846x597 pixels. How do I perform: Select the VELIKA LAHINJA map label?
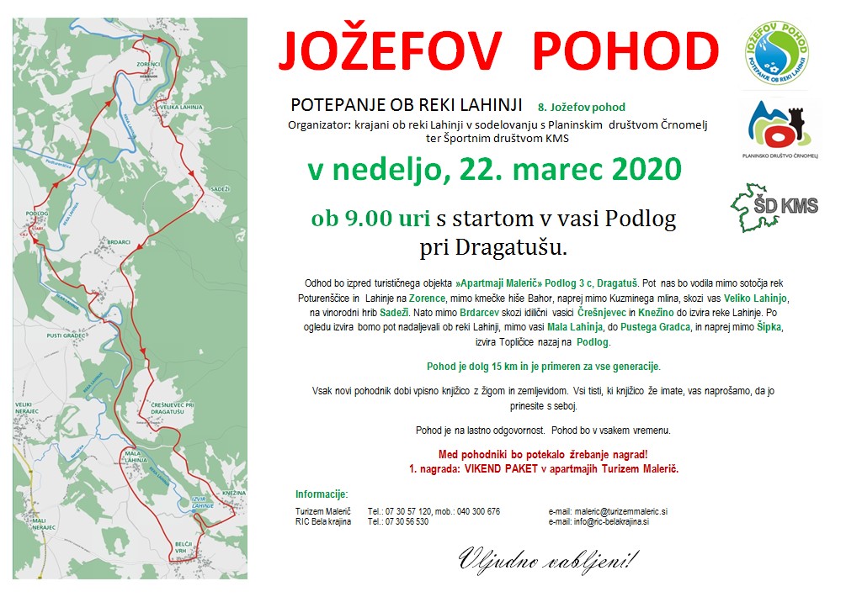(180, 108)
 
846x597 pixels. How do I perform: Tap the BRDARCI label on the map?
(118, 242)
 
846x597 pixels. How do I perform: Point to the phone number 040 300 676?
(476, 511)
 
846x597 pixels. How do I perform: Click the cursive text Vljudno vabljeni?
(549, 558)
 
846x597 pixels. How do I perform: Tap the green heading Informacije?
(322, 494)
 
